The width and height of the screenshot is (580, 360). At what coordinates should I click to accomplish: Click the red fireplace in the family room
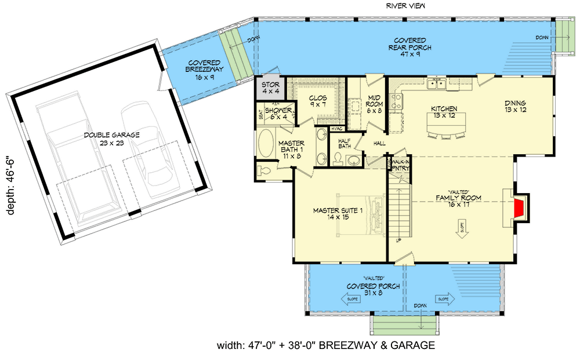(521, 208)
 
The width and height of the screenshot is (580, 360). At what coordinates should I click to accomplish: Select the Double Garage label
(111, 139)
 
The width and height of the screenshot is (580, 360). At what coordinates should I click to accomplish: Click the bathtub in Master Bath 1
(267, 143)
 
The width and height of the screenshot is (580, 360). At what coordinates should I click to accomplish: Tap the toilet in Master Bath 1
(263, 170)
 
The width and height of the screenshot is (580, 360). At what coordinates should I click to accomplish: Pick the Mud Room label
(374, 102)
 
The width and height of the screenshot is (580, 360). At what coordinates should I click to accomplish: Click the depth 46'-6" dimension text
(10, 184)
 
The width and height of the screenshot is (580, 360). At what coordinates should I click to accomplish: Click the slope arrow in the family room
(462, 228)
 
